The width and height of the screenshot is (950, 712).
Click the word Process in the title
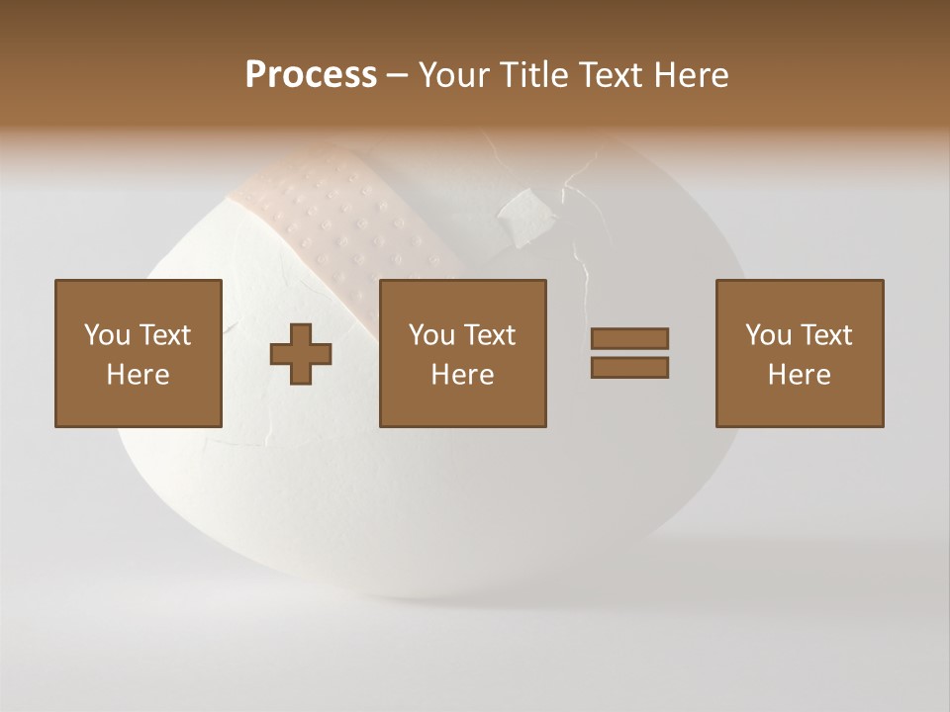[x=311, y=75]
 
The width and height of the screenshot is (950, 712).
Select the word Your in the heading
[x=453, y=75]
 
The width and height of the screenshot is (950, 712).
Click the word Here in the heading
[x=689, y=75]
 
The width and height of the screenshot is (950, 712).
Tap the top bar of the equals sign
[x=629, y=338]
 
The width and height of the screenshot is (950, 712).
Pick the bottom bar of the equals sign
[x=629, y=368]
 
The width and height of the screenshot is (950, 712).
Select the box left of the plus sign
[x=139, y=353]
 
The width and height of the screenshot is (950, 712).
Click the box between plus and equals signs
[x=463, y=353]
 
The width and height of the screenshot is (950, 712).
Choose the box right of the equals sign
[x=800, y=353]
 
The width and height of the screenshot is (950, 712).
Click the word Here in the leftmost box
[x=139, y=375]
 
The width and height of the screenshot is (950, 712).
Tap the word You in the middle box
[x=431, y=335]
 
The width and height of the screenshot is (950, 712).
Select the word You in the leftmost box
[x=107, y=335]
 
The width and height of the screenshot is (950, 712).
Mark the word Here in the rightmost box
[x=800, y=375]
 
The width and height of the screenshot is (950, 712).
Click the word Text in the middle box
[x=489, y=335]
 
